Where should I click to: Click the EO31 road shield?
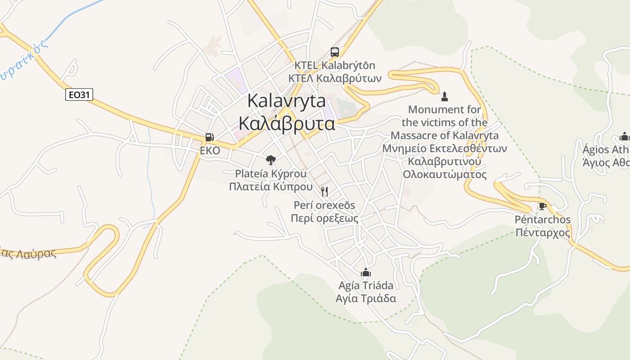pyautogui.click(x=79, y=94)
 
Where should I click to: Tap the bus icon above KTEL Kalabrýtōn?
pyautogui.click(x=334, y=52)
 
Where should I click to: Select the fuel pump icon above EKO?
pyautogui.click(x=209, y=137)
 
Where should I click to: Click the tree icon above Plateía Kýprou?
pyautogui.click(x=270, y=159)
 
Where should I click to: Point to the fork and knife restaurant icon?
pyautogui.click(x=324, y=192)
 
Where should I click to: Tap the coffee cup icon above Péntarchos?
pyautogui.click(x=543, y=207)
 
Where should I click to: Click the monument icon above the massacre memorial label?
pyautogui.click(x=445, y=96)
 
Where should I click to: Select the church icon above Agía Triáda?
pyautogui.click(x=366, y=272)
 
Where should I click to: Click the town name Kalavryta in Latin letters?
pyautogui.click(x=287, y=101)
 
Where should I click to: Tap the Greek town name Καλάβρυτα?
pyautogui.click(x=287, y=123)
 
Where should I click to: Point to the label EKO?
pyautogui.click(x=210, y=151)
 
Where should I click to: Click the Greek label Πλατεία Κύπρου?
pyautogui.click(x=270, y=187)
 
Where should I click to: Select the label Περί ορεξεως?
pyautogui.click(x=324, y=219)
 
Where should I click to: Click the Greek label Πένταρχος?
pyautogui.click(x=543, y=233)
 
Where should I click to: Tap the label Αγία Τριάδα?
pyautogui.click(x=366, y=298)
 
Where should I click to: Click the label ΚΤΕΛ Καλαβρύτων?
pyautogui.click(x=334, y=78)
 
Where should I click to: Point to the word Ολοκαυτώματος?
pyautogui.click(x=445, y=174)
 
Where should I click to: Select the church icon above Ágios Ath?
pyautogui.click(x=624, y=136)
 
